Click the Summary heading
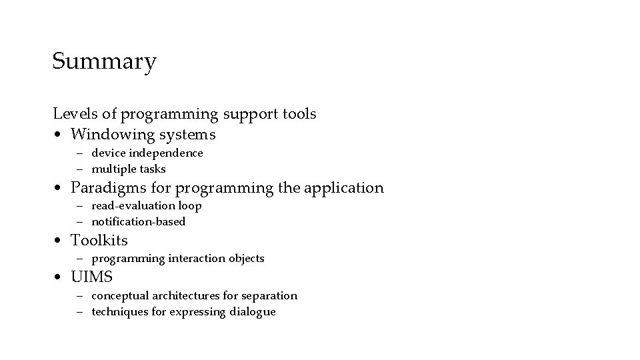coord(104,62)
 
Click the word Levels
coord(73,114)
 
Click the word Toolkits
coord(99,240)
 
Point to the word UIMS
coord(91,277)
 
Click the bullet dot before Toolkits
coord(59,241)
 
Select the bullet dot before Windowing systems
coord(59,135)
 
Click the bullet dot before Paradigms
coord(59,189)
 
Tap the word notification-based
coord(138,221)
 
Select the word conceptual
coord(121,295)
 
